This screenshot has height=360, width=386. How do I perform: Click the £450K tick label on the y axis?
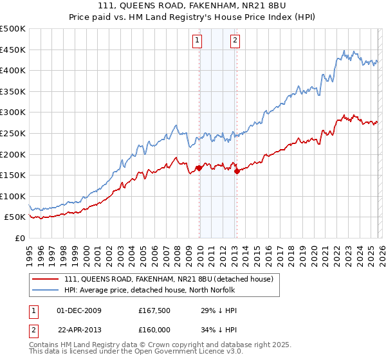(x=13, y=50)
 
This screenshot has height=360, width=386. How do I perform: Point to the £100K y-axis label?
(x=13, y=196)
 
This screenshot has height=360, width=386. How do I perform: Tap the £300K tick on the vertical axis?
(x=13, y=113)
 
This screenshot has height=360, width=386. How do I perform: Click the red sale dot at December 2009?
(x=199, y=168)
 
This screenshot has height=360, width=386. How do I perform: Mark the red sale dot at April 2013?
(x=237, y=171)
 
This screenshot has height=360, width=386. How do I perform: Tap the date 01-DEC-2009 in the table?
(x=79, y=310)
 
